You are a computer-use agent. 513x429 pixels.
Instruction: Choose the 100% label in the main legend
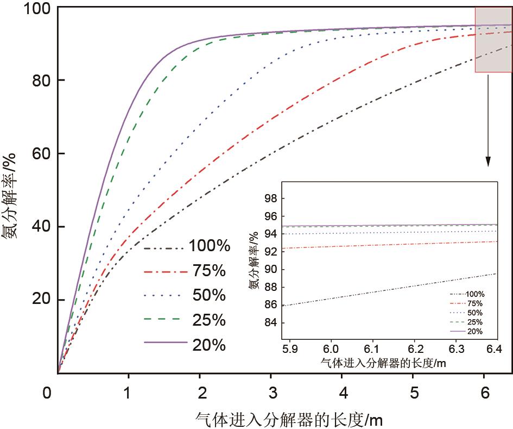tap(210, 247)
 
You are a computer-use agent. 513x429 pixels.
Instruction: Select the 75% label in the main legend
tap(210, 271)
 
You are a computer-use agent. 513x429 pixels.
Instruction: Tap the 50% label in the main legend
tap(210, 295)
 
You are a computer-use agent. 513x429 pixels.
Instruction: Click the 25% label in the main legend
tap(210, 320)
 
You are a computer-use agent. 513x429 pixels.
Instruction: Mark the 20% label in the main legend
tap(210, 345)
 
